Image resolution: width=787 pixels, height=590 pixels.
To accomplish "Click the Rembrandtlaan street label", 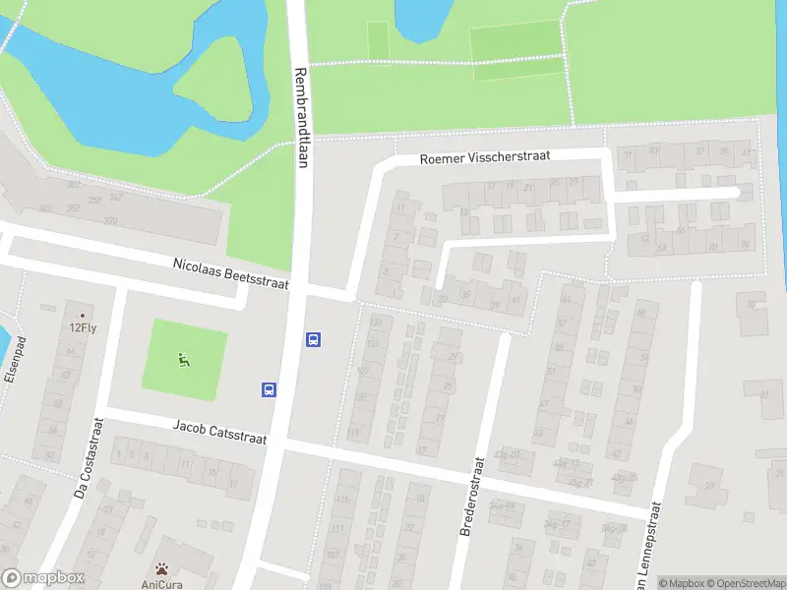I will pyautogui.click(x=301, y=118).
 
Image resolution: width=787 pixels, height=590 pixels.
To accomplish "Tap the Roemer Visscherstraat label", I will pyautogui.click(x=484, y=156).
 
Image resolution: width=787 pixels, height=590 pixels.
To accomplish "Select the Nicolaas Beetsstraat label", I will pyautogui.click(x=231, y=273).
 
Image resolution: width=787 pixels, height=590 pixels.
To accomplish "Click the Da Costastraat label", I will pyautogui.click(x=89, y=457).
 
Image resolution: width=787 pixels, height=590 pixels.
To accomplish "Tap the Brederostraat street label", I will pyautogui.click(x=474, y=497).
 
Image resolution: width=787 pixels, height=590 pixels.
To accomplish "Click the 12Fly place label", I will pyautogui.click(x=83, y=328).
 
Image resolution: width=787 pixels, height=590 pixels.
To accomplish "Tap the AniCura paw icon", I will pyautogui.click(x=161, y=568).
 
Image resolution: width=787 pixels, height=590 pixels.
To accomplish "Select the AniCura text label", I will pyautogui.click(x=161, y=583).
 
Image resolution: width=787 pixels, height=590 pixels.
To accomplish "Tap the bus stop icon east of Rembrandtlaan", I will pyautogui.click(x=314, y=340).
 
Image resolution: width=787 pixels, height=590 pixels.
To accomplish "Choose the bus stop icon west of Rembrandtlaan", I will pyautogui.click(x=269, y=389).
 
